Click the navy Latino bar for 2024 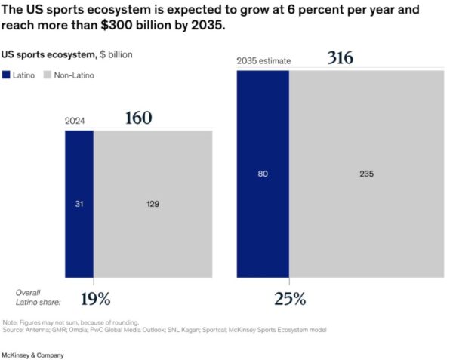(79, 226)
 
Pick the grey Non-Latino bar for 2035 (366, 226)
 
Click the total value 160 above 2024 (138, 118)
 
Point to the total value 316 (341, 58)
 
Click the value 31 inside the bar (79, 204)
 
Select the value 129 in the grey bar (152, 204)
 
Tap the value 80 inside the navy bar (263, 174)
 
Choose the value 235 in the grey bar (366, 174)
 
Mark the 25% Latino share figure (290, 299)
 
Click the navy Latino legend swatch (7, 75)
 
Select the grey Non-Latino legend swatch (47, 75)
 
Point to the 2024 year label (75, 121)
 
